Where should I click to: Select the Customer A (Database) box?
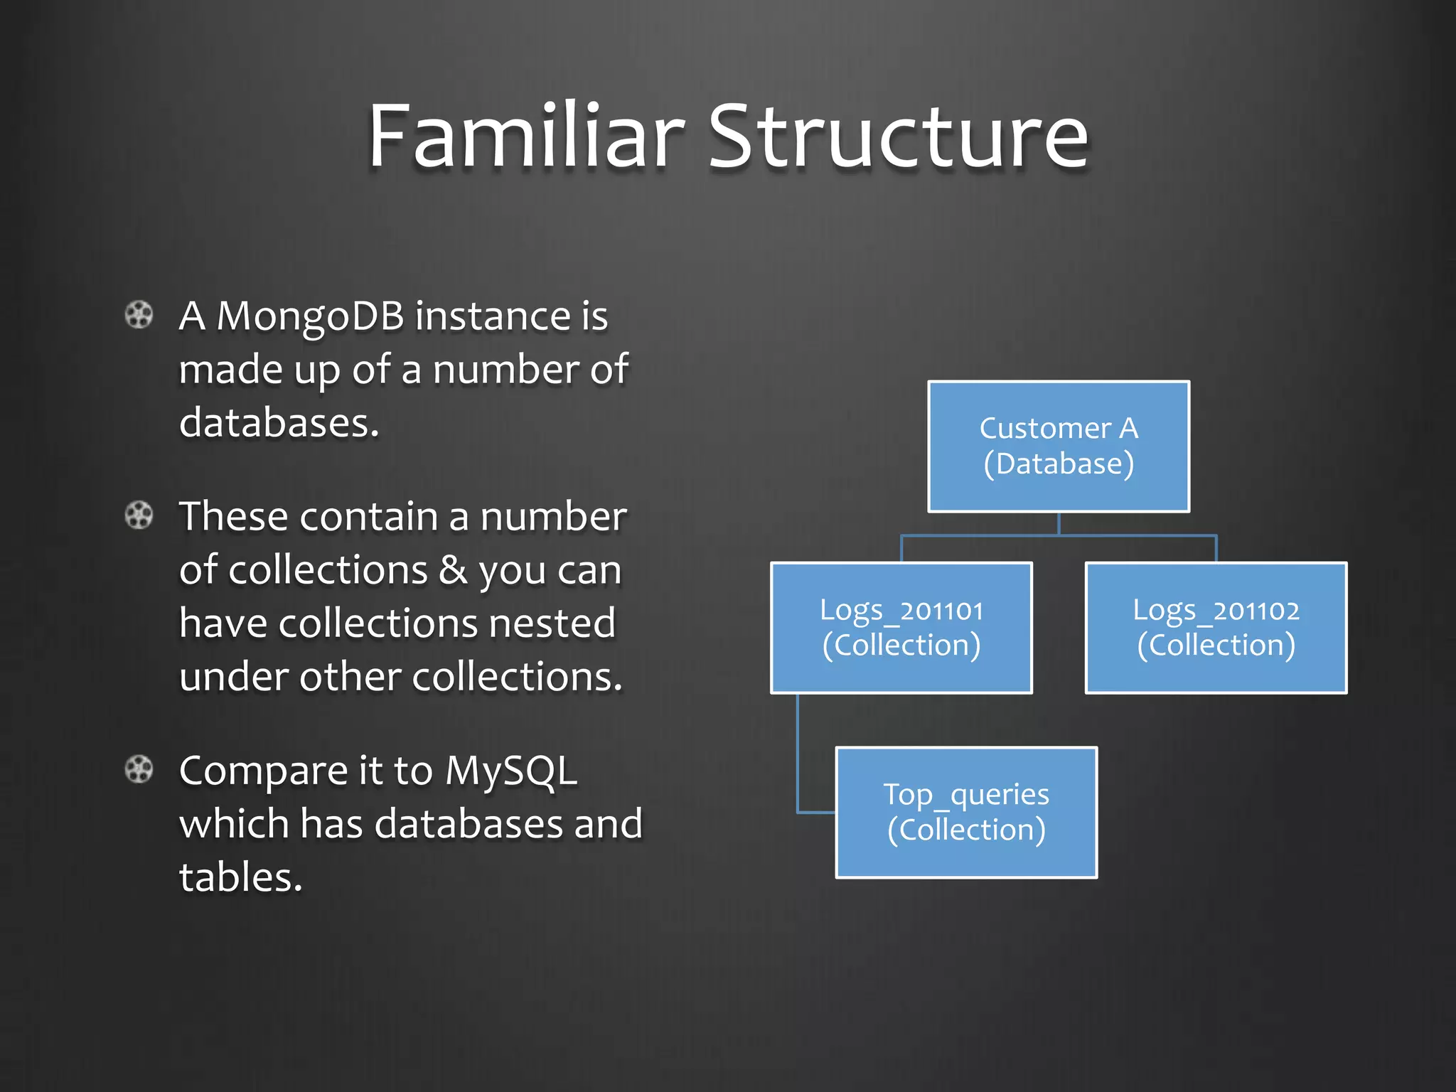coord(1058,446)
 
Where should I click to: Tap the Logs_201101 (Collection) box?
coord(901,628)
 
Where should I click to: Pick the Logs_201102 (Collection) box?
coord(1216,628)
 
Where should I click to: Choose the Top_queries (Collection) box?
coord(966,812)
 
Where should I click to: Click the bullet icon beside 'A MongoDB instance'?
coord(139,315)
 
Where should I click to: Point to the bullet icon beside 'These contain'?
coord(139,515)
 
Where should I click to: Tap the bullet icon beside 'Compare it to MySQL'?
coord(139,769)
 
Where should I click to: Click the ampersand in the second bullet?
coord(453,570)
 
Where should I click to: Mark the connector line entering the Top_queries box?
coord(816,811)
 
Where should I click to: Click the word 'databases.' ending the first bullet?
coord(279,423)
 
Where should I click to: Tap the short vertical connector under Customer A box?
coord(1059,523)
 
